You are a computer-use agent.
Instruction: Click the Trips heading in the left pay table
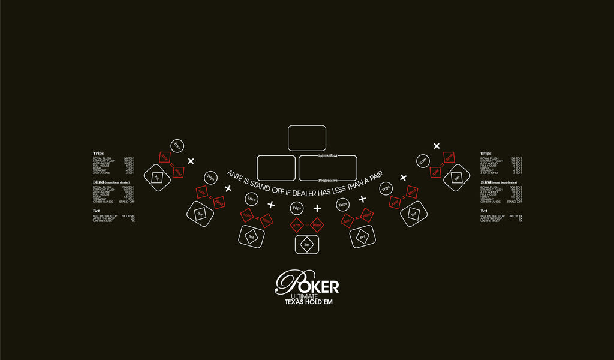[x=98, y=153]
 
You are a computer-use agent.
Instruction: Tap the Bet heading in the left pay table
[x=96, y=211]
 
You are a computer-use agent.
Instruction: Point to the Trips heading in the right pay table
[x=486, y=153]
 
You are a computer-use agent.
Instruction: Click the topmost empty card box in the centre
[x=307, y=138]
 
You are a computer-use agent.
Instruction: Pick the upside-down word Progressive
[x=327, y=156]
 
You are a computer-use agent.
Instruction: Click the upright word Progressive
[x=327, y=179]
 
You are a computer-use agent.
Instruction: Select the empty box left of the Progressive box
[x=276, y=168]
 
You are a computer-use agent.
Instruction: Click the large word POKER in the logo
[x=308, y=283]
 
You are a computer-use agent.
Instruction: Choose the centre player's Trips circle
[x=296, y=209]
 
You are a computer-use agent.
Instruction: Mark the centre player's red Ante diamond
[x=296, y=225]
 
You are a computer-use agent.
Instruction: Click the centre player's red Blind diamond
[x=318, y=225]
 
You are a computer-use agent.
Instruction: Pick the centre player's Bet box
[x=307, y=245]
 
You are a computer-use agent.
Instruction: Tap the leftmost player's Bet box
[x=157, y=178]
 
